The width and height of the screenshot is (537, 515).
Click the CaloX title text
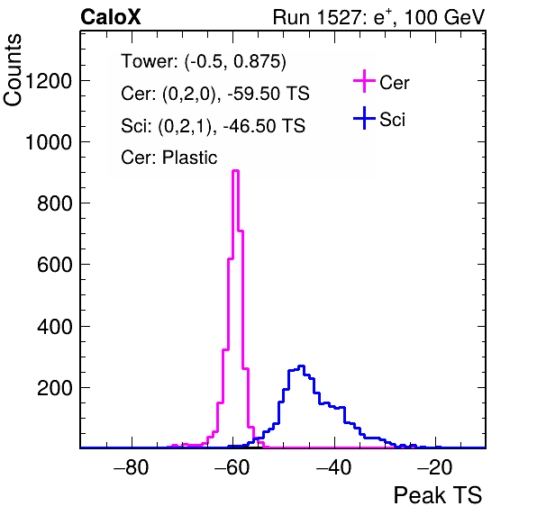pos(111,17)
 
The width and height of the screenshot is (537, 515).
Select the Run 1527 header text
pos(378,17)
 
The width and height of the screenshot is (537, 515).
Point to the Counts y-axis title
pos(13,70)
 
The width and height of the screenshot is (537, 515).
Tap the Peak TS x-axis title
pos(437,495)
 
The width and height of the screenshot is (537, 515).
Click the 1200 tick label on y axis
pos(49,81)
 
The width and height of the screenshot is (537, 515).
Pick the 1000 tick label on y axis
pos(49,142)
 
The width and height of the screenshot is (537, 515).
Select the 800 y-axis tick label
pos(55,203)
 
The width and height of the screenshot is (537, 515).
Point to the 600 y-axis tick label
pos(55,265)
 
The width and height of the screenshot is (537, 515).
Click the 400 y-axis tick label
pos(55,326)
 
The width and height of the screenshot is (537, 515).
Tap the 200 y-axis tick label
pos(55,388)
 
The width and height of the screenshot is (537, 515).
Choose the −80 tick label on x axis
pos(132,467)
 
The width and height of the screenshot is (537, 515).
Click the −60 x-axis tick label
pos(232,467)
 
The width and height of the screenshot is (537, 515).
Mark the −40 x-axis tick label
pos(334,467)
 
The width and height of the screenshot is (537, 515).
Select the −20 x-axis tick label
pos(435,467)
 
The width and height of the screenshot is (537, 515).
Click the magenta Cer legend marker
pos(364,81)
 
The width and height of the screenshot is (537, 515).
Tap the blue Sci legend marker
pos(364,118)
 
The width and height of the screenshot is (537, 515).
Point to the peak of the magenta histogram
pos(236,170)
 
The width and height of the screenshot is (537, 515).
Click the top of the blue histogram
pos(301,366)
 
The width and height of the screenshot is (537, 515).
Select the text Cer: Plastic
pos(169,158)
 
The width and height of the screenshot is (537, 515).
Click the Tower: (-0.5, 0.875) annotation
pos(204,61)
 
